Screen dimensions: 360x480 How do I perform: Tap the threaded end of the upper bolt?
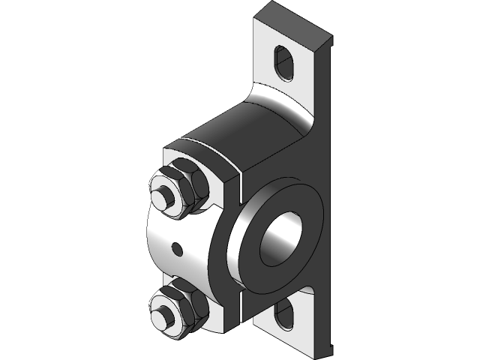click(161, 196)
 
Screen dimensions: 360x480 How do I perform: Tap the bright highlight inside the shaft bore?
click(274, 247)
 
